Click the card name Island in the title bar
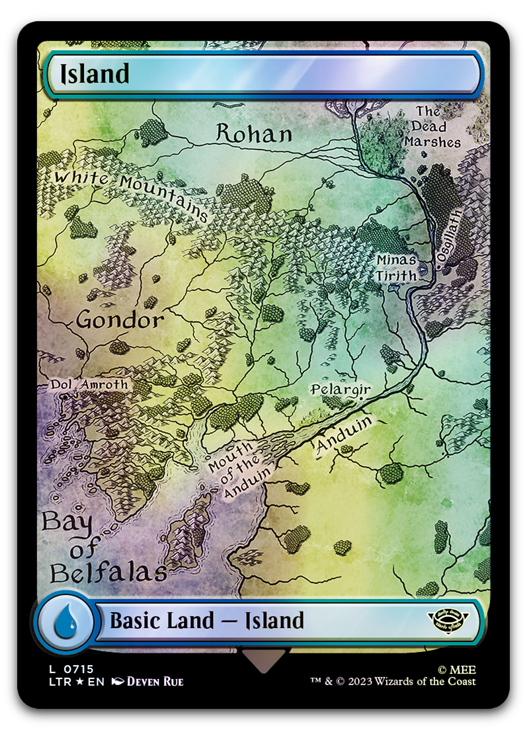point(95,75)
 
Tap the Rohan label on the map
point(254,134)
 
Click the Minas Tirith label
point(397,267)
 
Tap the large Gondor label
point(120,321)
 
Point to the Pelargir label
point(341,389)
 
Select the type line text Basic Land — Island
point(206,621)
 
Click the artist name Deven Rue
point(155,682)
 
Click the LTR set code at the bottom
point(54,682)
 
